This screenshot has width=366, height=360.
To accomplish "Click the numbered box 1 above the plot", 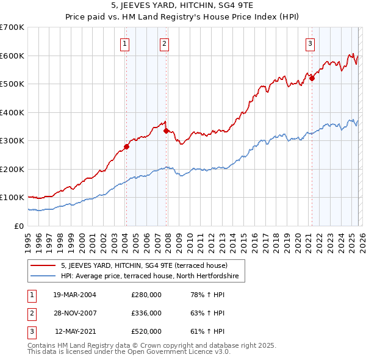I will pyautogui.click(x=124, y=43).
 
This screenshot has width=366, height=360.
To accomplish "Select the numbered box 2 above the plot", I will pyautogui.click(x=165, y=43).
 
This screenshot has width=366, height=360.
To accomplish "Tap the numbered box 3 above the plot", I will pyautogui.click(x=310, y=43).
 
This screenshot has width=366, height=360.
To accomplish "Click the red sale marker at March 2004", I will pyautogui.click(x=126, y=146).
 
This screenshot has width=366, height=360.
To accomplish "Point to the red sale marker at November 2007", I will pyautogui.click(x=166, y=130).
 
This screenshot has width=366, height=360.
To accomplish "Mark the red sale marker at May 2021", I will pyautogui.click(x=311, y=78).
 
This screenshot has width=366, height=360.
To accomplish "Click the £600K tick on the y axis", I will pyautogui.click(x=12, y=56).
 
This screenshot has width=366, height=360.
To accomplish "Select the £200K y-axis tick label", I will pyautogui.click(x=12, y=169).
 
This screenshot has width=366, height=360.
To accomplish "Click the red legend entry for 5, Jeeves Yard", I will pyautogui.click(x=144, y=265).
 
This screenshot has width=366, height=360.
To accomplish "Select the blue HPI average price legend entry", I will pyautogui.click(x=152, y=276).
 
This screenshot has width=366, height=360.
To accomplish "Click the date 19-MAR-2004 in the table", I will pyautogui.click(x=74, y=294).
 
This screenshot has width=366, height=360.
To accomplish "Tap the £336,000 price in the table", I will pyautogui.click(x=146, y=313).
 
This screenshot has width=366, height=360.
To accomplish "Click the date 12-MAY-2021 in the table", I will pyautogui.click(x=74, y=331).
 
